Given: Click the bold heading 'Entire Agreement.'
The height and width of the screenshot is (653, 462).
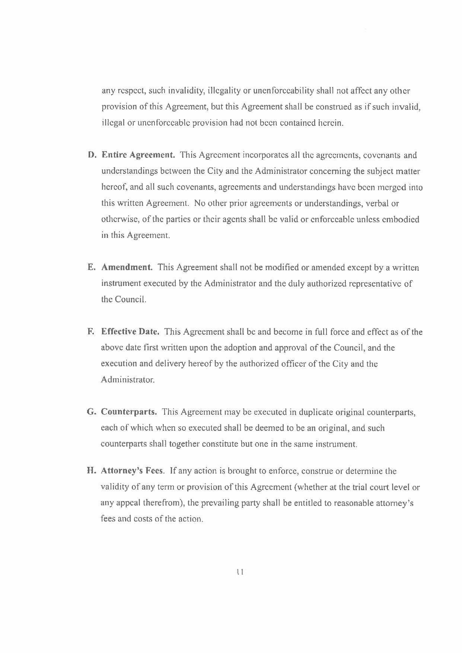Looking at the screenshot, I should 138,155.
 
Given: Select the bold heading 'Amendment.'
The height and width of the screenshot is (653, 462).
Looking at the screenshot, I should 127,267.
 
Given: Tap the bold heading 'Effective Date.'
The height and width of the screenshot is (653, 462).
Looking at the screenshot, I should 130,332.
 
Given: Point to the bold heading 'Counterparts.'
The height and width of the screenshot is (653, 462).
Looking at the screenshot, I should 129,412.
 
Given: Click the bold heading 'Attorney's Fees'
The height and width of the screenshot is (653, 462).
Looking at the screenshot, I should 132,471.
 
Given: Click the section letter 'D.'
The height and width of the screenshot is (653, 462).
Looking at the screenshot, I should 92,155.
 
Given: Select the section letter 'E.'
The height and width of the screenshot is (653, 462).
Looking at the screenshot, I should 92,267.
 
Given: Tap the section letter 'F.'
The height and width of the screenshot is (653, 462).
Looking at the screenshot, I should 91,332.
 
